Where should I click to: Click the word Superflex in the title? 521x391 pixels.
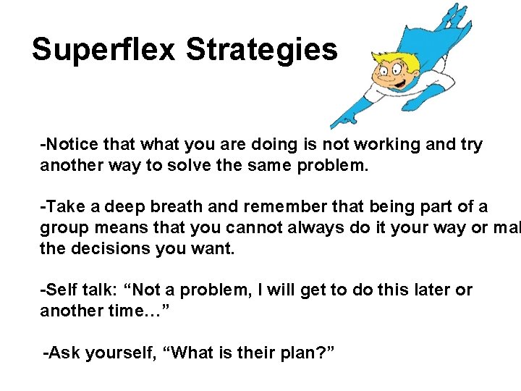tap(104, 50)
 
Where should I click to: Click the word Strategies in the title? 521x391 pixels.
tap(261, 50)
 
